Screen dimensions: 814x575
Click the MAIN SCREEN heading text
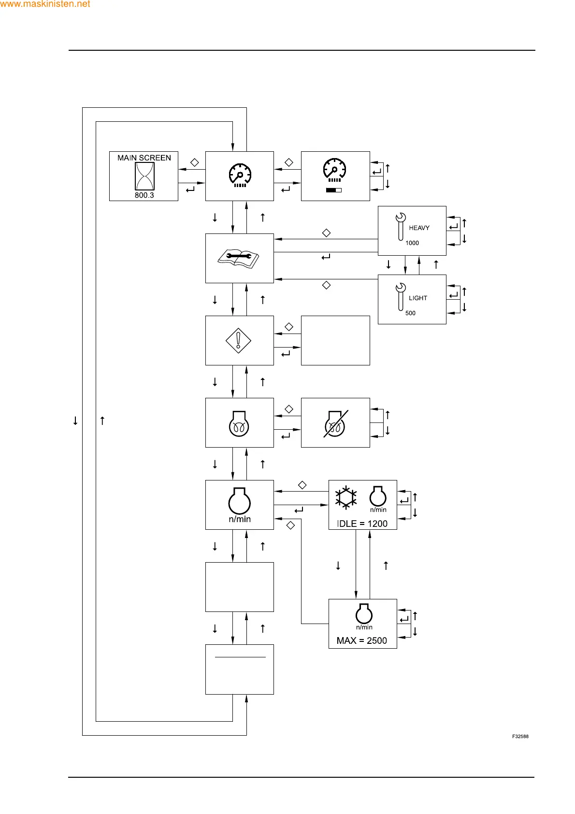pyautogui.click(x=144, y=158)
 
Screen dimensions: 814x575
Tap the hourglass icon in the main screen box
pyautogui.click(x=144, y=176)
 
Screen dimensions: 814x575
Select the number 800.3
pyautogui.click(x=144, y=195)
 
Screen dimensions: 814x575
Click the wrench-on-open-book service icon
pyautogui.click(x=239, y=258)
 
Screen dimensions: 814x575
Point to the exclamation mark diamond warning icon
pyautogui.click(x=238, y=341)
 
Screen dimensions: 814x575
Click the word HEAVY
pyautogui.click(x=419, y=228)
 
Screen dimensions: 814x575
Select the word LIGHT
pyautogui.click(x=418, y=298)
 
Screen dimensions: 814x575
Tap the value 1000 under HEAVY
pyautogui.click(x=412, y=243)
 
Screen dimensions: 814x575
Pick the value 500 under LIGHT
pyautogui.click(x=410, y=313)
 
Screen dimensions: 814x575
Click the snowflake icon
pyautogui.click(x=346, y=497)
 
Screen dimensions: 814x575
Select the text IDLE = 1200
pyautogui.click(x=362, y=523)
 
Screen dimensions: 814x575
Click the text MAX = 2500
pyautogui.click(x=362, y=640)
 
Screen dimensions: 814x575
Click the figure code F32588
pyautogui.click(x=520, y=737)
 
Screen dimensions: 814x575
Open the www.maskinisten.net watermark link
pyautogui.click(x=45, y=4)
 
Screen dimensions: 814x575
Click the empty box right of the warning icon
pyautogui.click(x=335, y=340)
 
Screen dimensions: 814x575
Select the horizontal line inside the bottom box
pyautogui.click(x=240, y=657)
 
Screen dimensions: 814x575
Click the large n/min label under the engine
pyautogui.click(x=240, y=519)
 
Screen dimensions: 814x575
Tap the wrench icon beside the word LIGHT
pyautogui.click(x=401, y=296)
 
